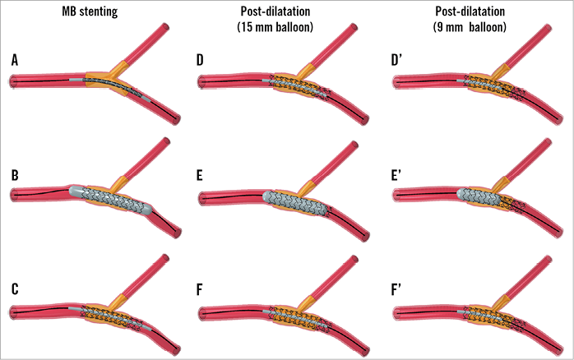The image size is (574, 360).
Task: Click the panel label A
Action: tap(14, 60)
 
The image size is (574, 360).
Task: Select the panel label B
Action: tap(14, 175)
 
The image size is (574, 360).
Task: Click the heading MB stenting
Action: tap(91, 12)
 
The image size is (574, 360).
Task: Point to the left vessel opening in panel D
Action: tap(200, 81)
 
